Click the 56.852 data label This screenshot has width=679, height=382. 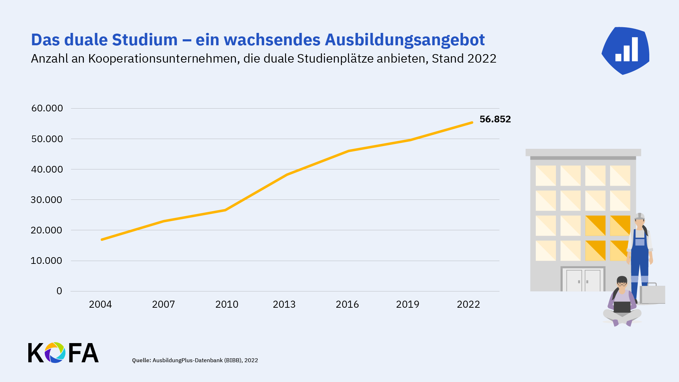coord(495,119)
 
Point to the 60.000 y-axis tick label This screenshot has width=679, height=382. coord(47,108)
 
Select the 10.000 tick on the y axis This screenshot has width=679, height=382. coord(46,261)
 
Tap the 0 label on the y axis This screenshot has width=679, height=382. coord(59,291)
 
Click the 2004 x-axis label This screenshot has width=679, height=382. coord(100,304)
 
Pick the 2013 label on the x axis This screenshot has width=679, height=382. coord(284,304)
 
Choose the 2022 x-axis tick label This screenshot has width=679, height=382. coord(468,304)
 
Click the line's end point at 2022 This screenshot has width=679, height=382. coord(472,123)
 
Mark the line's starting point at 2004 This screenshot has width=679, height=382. coord(102,240)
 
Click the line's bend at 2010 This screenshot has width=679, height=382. coord(225,210)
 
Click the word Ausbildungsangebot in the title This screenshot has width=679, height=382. coord(405,40)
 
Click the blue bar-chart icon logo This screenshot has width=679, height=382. coord(626,51)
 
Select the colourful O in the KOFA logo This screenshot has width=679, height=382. coord(55,353)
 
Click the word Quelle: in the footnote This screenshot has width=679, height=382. coord(141,360)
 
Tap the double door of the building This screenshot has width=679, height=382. coord(583,280)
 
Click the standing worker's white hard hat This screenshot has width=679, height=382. coord(639,216)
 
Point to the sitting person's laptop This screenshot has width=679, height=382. coord(622,307)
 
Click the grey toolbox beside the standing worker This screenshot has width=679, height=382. coord(653,294)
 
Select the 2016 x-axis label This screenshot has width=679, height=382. coord(347,304)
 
